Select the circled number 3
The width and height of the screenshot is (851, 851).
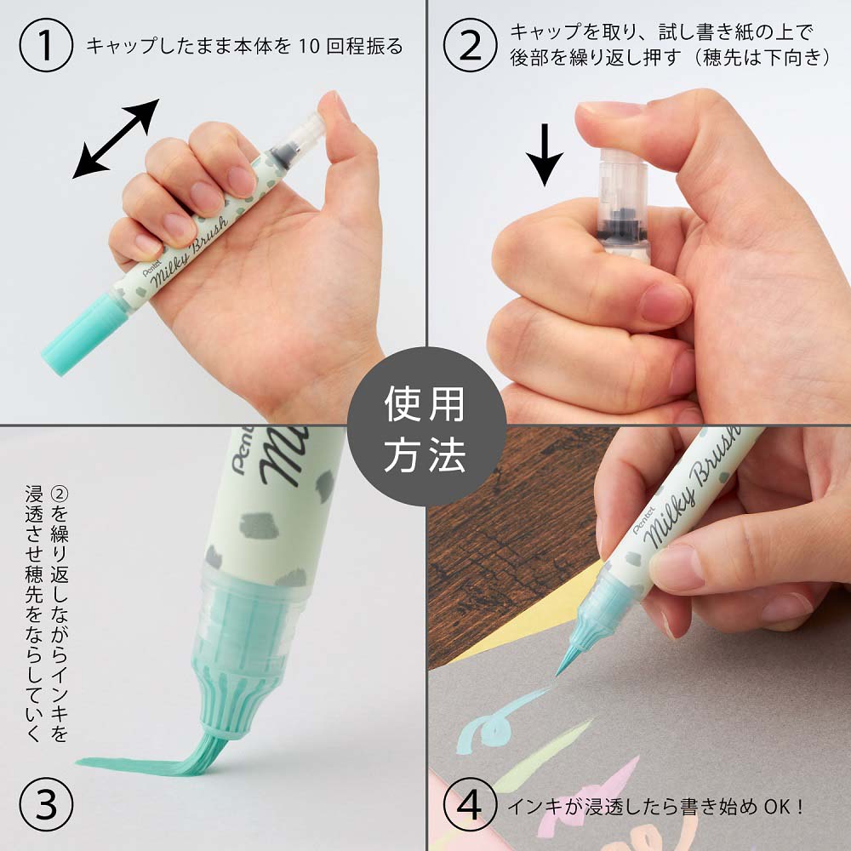click(x=45, y=804)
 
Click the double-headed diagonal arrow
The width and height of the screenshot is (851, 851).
click(x=116, y=139)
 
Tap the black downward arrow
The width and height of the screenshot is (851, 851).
click(x=544, y=156)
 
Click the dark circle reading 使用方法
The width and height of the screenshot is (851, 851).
click(x=426, y=427)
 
